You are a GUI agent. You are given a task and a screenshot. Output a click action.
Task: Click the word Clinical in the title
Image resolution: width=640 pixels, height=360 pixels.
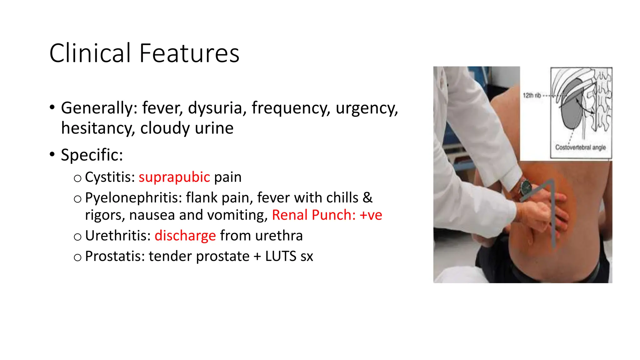[90, 53]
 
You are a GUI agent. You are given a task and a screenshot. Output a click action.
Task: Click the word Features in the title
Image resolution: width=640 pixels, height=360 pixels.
[189, 53]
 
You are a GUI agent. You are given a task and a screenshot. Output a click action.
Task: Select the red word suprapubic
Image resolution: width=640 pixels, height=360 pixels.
[174, 177]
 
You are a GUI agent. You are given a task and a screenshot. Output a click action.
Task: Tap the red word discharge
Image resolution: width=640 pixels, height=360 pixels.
[185, 236]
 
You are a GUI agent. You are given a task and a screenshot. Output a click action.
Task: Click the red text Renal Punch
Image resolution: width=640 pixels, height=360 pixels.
[314, 215]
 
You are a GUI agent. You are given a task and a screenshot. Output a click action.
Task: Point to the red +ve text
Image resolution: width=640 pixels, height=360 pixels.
[371, 215]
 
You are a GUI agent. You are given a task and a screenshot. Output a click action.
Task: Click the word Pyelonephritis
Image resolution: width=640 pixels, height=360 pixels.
[133, 198]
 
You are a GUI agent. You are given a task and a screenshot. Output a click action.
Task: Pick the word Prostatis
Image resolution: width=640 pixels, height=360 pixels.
[115, 256]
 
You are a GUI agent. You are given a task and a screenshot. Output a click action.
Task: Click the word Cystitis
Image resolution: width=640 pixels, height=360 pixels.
[110, 177]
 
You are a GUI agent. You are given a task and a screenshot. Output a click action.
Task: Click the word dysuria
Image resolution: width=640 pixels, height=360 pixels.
[215, 108]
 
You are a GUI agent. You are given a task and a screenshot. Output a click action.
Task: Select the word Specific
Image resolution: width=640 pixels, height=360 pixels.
[92, 155]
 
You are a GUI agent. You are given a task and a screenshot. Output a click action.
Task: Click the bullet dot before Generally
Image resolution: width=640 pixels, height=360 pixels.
[52, 107]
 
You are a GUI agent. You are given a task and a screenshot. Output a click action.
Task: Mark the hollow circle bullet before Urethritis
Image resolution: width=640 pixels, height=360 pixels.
[77, 237]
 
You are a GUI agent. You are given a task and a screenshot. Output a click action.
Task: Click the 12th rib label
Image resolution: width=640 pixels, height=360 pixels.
[532, 95]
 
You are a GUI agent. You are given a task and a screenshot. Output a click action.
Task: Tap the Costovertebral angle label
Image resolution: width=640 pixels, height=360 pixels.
[580, 147]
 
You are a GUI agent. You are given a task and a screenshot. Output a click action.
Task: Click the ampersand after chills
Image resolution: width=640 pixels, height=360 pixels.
[367, 198]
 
